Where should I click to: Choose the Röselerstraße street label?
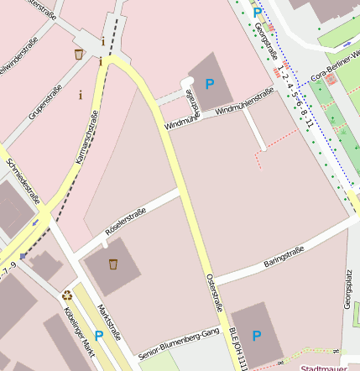(x=125, y=221)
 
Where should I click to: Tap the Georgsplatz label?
(x=348, y=290)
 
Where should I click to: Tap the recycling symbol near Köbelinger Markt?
(x=67, y=295)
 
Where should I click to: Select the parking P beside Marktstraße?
(x=99, y=336)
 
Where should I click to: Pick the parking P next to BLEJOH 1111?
(x=257, y=336)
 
